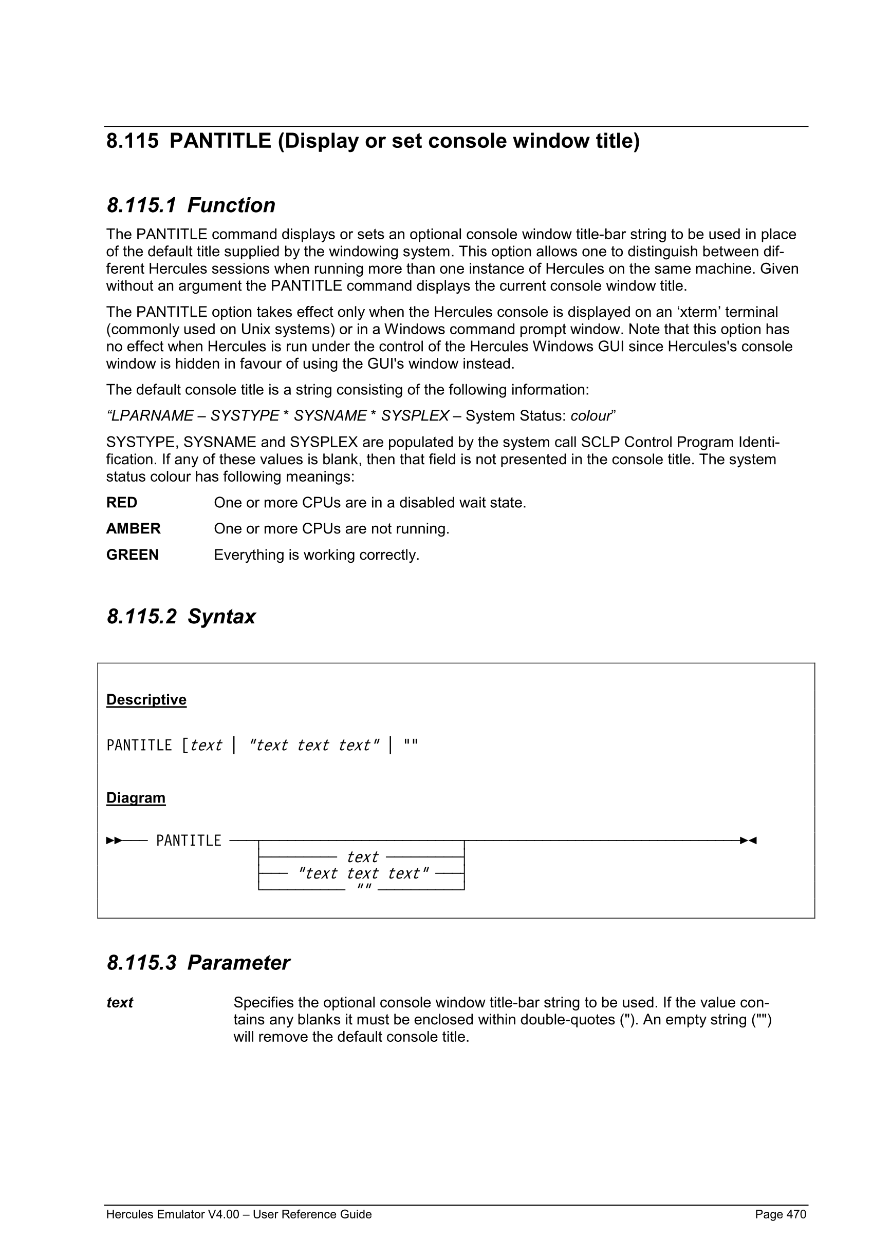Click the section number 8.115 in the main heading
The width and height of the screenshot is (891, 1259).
[x=132, y=142]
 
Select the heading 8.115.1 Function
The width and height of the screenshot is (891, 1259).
[x=191, y=205]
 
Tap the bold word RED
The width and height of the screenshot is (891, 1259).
[x=122, y=503]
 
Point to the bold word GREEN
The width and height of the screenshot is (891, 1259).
[x=132, y=556]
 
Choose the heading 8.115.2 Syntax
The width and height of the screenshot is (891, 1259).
[x=181, y=617]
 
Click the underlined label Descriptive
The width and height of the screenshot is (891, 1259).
[x=146, y=700]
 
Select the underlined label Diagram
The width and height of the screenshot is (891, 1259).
[x=136, y=798]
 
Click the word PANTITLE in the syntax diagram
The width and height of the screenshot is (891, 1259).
[x=188, y=841]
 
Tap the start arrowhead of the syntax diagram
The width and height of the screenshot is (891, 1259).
[x=114, y=841]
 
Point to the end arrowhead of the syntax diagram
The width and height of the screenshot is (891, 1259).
[x=748, y=841]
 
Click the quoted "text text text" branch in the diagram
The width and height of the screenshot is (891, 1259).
[x=363, y=873]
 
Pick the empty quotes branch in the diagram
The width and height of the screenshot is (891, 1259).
[x=364, y=887]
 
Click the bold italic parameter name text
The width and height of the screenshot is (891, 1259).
[x=120, y=1003]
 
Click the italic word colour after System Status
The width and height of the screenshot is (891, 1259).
[x=591, y=416]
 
